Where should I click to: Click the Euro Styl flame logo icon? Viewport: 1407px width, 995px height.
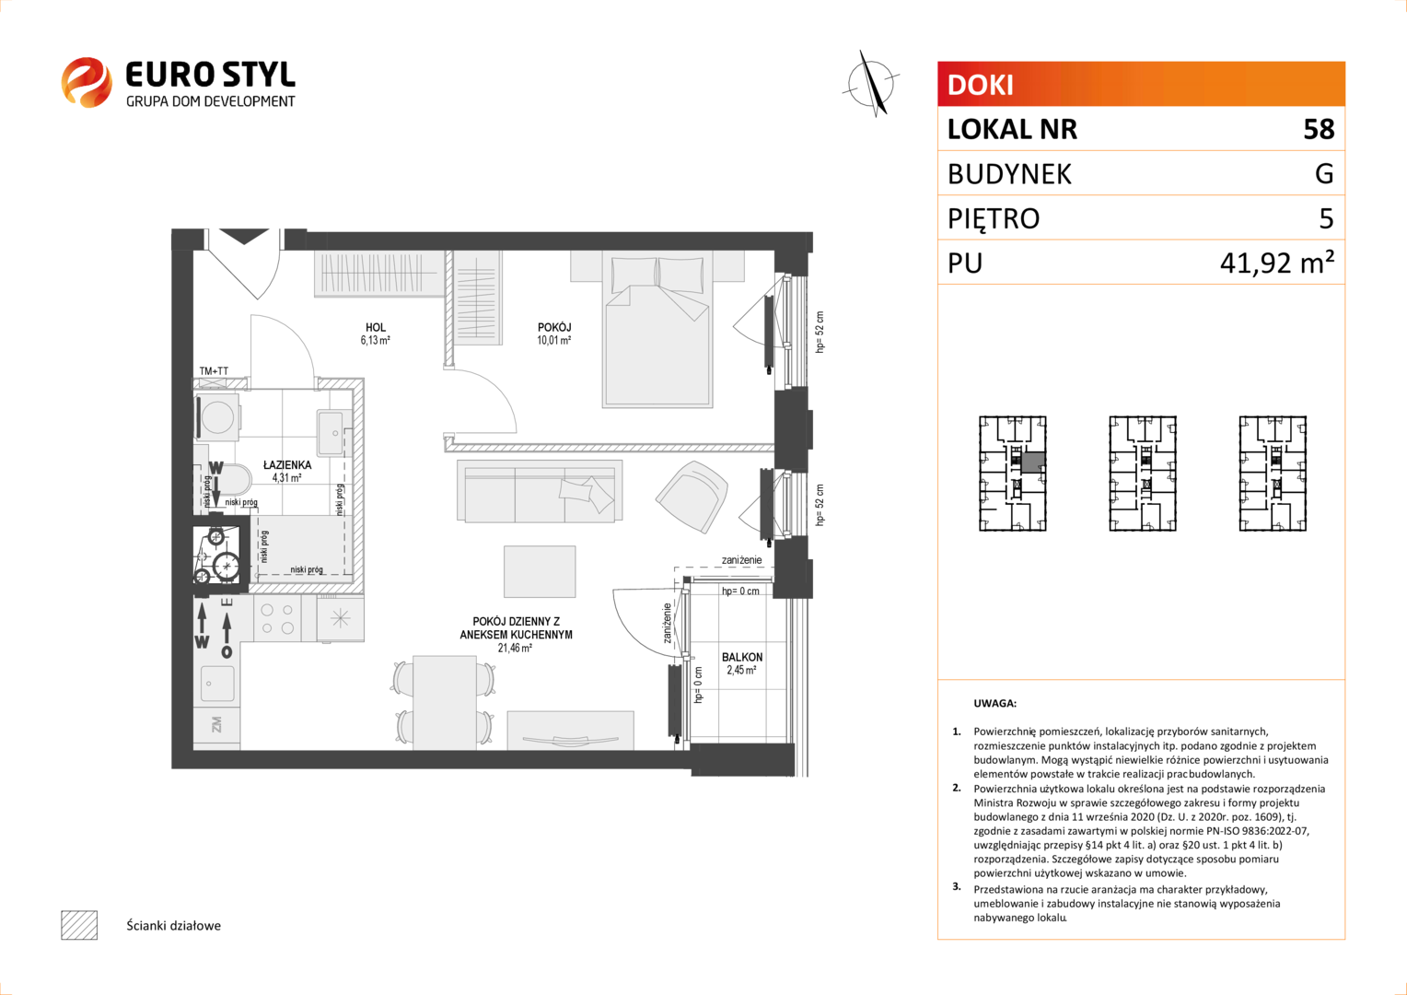(86, 82)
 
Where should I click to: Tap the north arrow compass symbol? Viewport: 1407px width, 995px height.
(871, 83)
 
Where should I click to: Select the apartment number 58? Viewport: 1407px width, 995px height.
(1319, 130)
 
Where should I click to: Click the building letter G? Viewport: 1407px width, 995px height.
(1324, 173)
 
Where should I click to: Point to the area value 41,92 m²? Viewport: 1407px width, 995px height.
(1277, 263)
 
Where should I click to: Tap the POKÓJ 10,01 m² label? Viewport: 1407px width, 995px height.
(554, 334)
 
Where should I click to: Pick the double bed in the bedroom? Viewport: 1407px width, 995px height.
(657, 329)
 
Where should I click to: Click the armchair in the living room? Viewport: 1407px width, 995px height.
(692, 496)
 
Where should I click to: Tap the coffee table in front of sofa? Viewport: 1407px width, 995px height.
(540, 571)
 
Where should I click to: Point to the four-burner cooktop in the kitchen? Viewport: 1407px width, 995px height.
(277, 618)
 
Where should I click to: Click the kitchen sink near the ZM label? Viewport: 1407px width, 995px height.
(217, 684)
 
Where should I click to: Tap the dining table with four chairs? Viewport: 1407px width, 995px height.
(444, 702)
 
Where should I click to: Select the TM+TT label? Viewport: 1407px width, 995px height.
(214, 371)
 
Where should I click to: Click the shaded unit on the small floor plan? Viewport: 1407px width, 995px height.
(1033, 463)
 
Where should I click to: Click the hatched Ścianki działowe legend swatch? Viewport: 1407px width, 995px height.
(79, 925)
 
